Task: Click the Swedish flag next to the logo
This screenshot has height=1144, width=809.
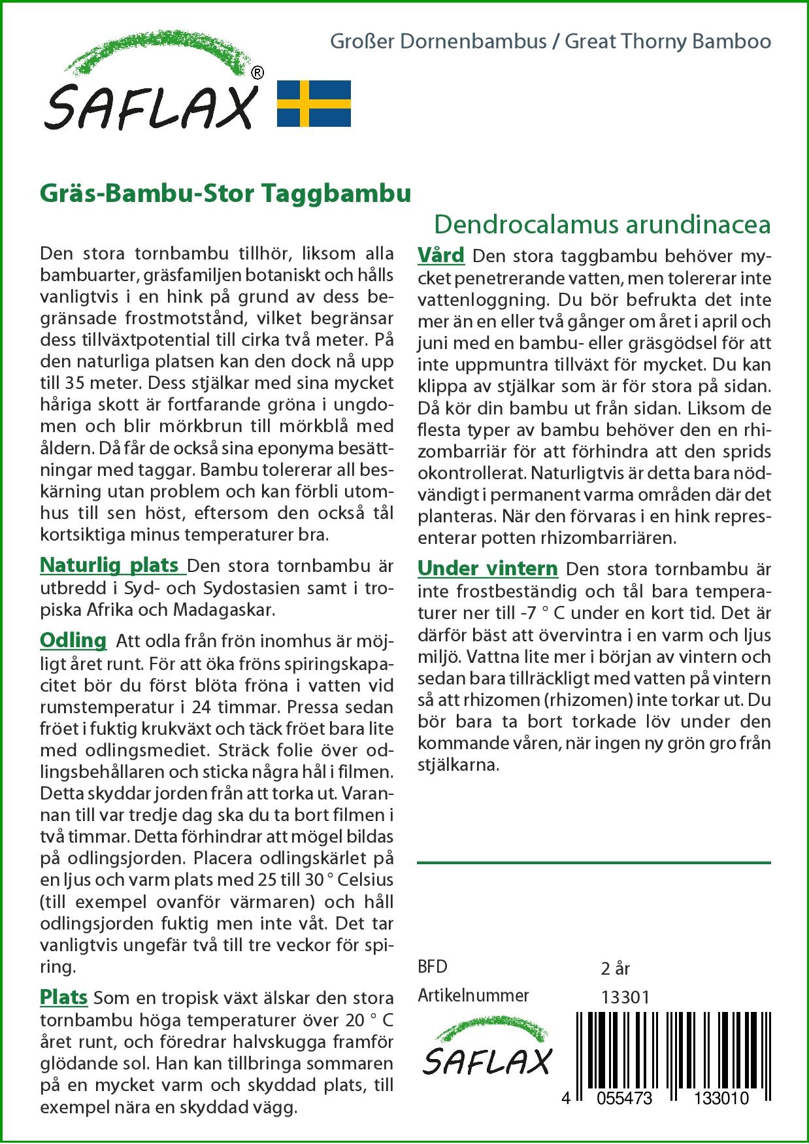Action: (x=314, y=103)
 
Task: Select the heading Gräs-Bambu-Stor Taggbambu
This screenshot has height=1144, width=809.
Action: (x=225, y=193)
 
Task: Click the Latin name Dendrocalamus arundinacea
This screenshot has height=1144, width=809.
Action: (x=602, y=224)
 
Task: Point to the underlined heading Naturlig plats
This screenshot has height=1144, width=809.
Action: (x=110, y=565)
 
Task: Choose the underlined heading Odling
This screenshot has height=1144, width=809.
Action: (x=73, y=640)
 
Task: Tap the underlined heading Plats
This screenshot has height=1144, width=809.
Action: (x=63, y=997)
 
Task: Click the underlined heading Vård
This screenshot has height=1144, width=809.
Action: (x=440, y=255)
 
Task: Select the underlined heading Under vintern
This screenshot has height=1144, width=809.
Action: (x=487, y=569)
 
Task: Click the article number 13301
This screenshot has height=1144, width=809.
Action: (x=625, y=997)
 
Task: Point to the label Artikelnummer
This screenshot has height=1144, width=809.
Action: (x=473, y=996)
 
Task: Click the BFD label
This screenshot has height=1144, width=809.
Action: (x=433, y=967)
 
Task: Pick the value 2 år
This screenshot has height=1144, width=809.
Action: (x=615, y=968)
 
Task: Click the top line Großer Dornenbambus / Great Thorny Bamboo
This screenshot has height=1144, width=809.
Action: (x=550, y=42)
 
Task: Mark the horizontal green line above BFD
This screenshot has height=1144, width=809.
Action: (x=593, y=863)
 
